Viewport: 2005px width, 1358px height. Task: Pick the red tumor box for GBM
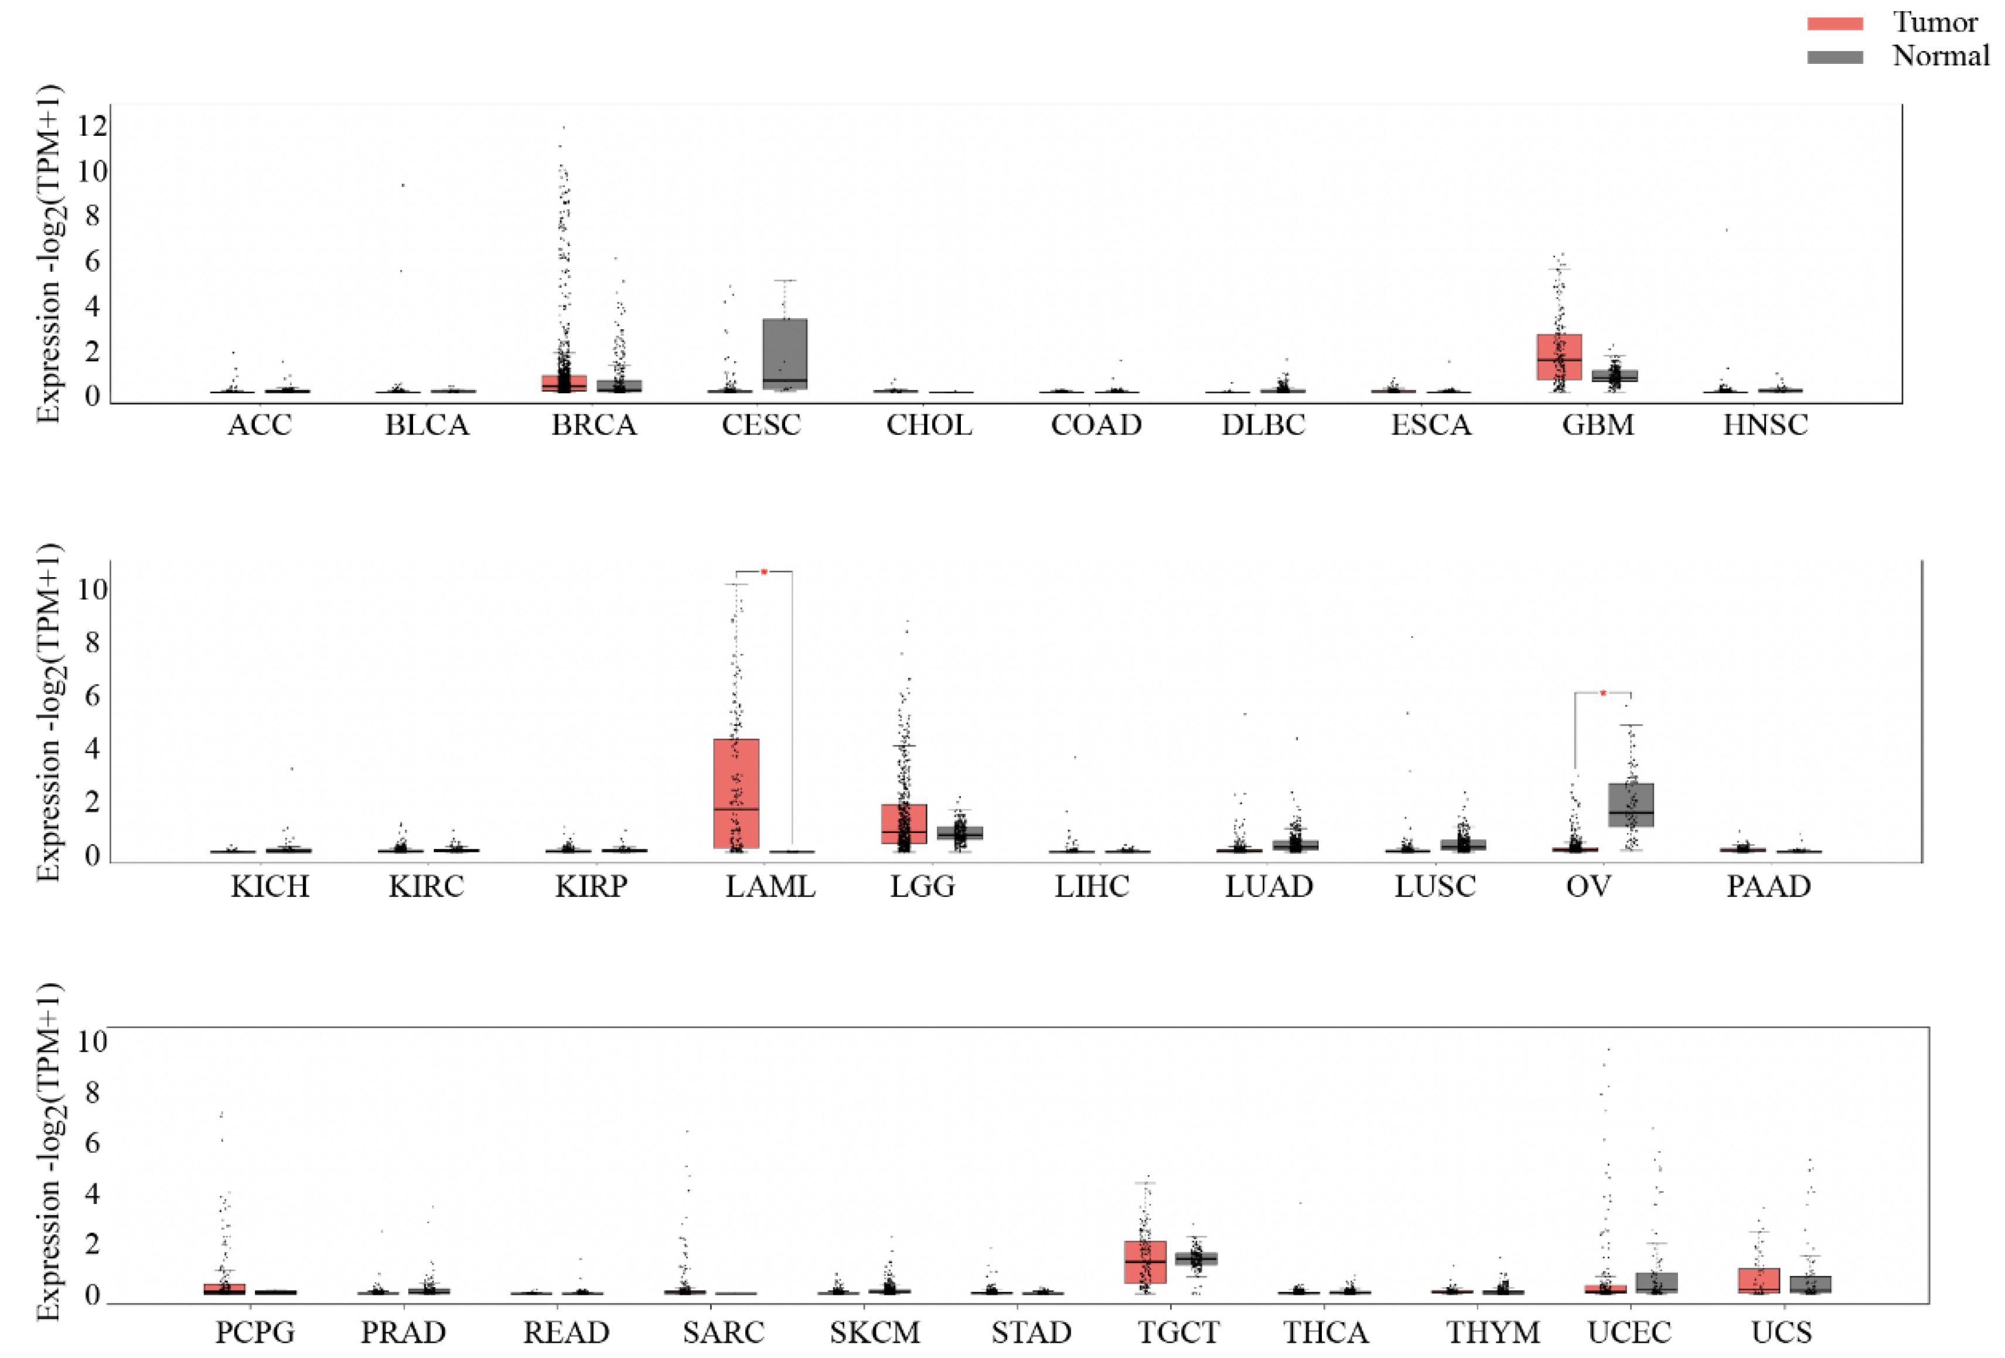(x=1559, y=356)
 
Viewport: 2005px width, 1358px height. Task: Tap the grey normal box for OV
(x=1631, y=804)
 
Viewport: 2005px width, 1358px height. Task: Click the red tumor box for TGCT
(x=1145, y=1261)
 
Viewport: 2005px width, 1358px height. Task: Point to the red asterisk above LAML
(x=763, y=572)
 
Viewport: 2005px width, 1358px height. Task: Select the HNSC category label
(x=1765, y=425)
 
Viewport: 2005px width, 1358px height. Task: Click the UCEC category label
(x=1629, y=1333)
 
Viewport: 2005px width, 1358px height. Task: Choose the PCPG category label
(x=254, y=1333)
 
